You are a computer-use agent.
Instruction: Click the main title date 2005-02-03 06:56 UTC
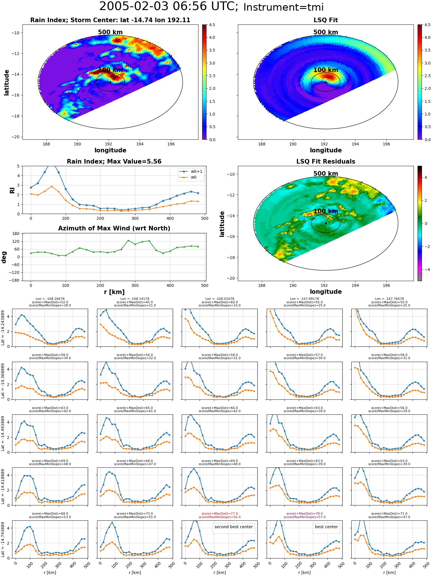[168, 7]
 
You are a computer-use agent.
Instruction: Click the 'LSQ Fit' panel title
[325, 20]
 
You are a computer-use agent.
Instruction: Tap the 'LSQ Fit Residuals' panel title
[325, 162]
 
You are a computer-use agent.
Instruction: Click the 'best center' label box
[326, 527]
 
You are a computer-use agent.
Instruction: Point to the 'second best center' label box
[234, 527]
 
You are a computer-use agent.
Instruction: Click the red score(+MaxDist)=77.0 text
[219, 514]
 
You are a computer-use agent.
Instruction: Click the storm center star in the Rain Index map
[110, 82]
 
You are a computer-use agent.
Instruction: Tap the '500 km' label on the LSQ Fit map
[326, 32]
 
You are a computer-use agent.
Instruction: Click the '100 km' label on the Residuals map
[326, 211]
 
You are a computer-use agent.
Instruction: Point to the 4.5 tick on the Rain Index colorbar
[212, 25]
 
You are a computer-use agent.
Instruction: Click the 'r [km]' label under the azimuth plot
[114, 292]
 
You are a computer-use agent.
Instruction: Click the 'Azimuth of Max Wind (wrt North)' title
[114, 228]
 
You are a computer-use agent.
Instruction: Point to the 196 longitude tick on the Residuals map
[386, 285]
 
